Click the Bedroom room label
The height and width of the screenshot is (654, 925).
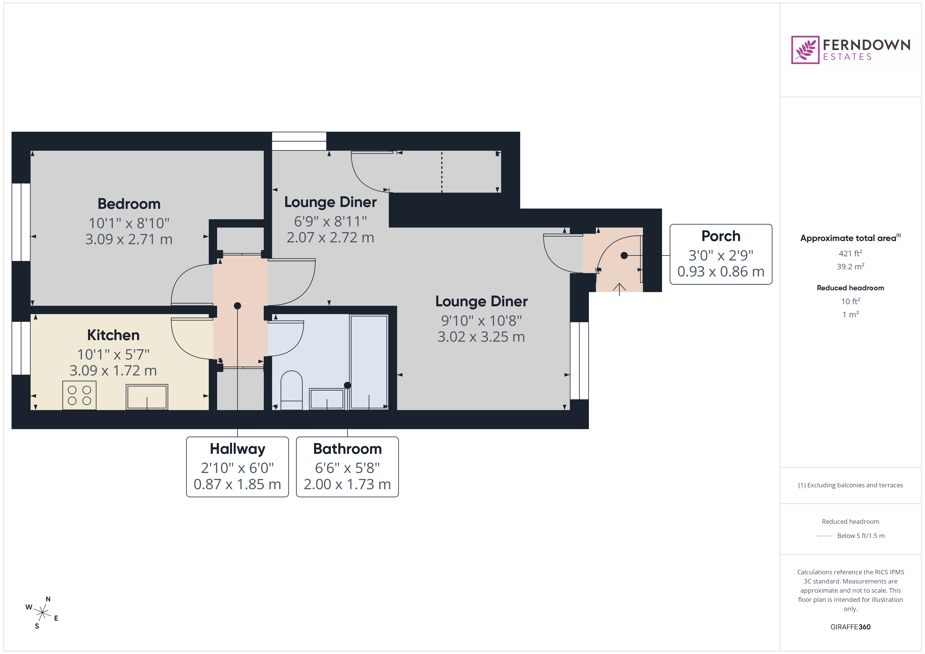click(129, 204)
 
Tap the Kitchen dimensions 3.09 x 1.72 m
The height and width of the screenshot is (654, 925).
click(113, 370)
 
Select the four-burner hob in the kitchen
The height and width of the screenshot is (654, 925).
click(79, 395)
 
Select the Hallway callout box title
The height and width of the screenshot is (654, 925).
click(237, 449)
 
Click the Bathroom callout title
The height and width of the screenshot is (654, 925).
click(347, 449)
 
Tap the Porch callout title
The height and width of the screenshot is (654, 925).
click(721, 236)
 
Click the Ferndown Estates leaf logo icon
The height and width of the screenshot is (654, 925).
click(805, 50)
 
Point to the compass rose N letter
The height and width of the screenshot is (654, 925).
click(48, 599)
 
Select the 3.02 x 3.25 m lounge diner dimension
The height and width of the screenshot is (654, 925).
click(481, 337)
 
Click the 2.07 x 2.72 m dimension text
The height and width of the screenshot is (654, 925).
click(330, 238)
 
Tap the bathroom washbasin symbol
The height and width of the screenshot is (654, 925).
click(327, 399)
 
